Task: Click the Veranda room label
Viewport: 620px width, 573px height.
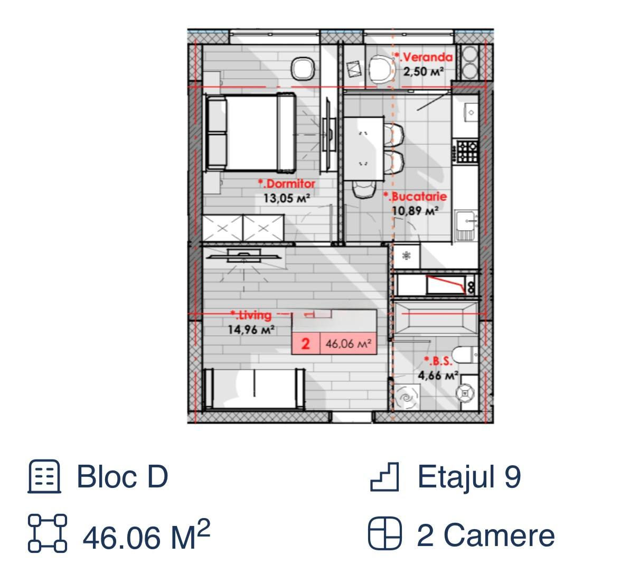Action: tap(424, 58)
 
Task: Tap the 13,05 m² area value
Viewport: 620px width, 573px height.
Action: tap(287, 198)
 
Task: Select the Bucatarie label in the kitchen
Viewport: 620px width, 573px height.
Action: tap(415, 196)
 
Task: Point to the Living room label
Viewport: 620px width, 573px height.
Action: tap(251, 315)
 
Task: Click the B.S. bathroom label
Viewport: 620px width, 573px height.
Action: tap(438, 361)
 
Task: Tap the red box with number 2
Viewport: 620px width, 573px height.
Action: tap(305, 344)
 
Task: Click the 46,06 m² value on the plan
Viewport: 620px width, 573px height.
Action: tap(349, 344)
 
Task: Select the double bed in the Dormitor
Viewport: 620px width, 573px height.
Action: tap(250, 133)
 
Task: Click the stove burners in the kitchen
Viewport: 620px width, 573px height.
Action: tap(467, 151)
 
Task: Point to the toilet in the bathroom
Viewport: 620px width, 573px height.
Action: tap(465, 355)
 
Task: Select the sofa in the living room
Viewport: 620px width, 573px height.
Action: tap(254, 388)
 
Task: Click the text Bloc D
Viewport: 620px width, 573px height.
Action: tap(122, 476)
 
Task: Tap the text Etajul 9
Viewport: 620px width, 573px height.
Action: tap(469, 476)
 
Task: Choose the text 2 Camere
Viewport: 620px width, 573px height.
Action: tap(486, 536)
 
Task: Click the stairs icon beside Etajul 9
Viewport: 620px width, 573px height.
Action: tap(385, 477)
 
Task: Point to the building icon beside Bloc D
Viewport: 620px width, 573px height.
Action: tap(44, 476)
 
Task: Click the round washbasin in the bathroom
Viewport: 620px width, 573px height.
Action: tap(466, 393)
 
